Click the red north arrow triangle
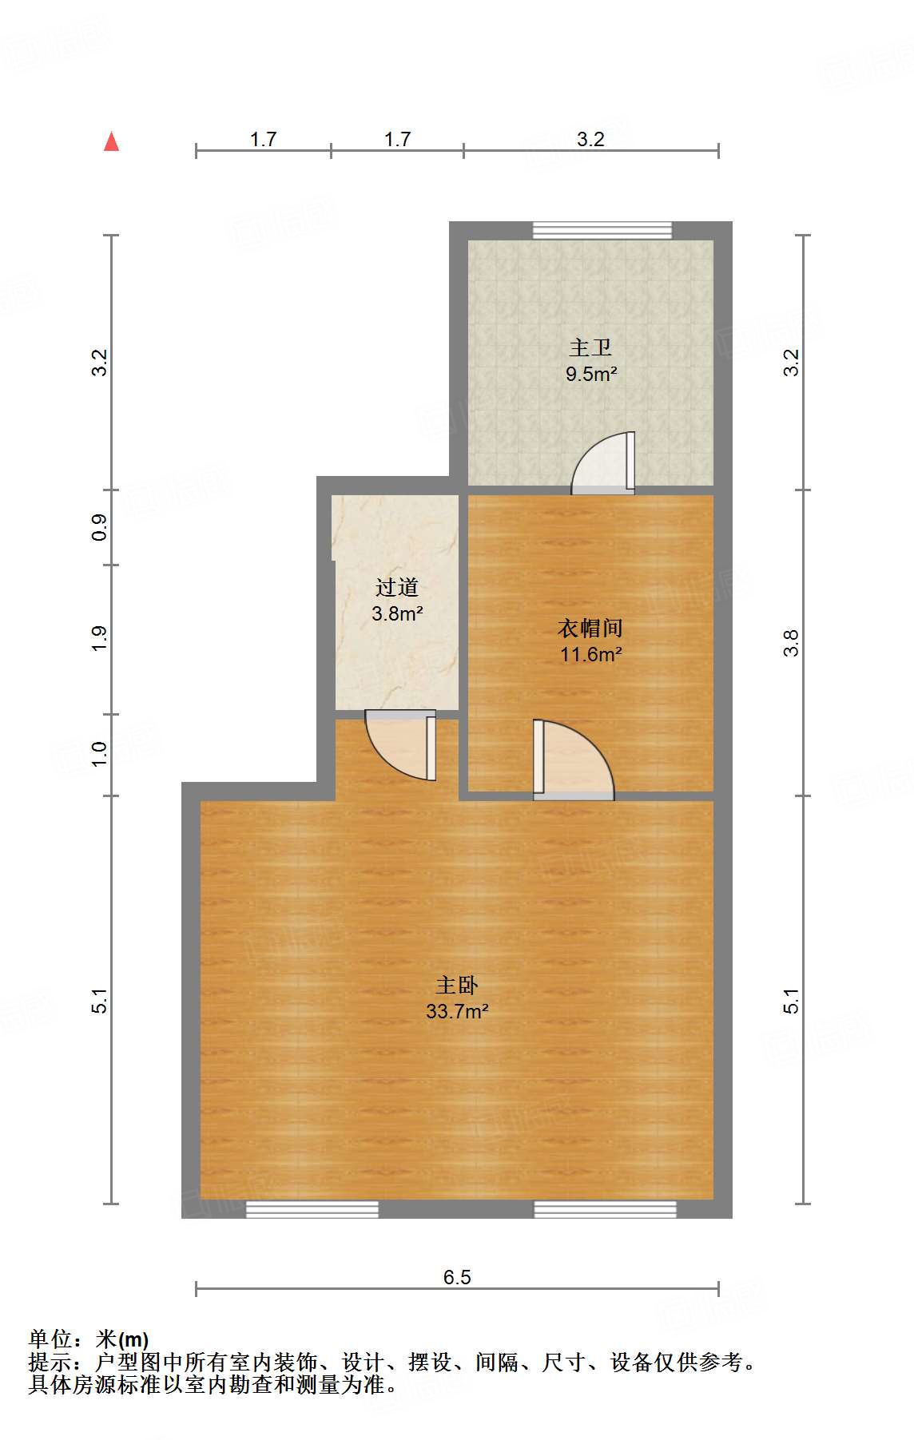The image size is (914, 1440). tap(112, 142)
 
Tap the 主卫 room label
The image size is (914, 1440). tap(590, 347)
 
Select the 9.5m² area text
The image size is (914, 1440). tap(591, 374)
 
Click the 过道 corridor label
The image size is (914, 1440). tap(397, 588)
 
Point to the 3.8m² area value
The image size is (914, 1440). tap(397, 614)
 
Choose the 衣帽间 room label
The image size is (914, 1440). tap(590, 629)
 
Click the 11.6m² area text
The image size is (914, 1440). tap(591, 655)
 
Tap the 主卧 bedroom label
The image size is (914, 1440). tap(457, 985)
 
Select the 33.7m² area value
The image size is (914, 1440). tap(457, 1011)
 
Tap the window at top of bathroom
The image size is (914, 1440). tap(602, 230)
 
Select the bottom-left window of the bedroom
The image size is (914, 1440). tap(312, 1209)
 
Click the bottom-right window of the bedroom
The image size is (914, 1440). tap(605, 1209)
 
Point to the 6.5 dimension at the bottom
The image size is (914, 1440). tap(457, 1277)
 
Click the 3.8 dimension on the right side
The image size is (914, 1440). tap(791, 643)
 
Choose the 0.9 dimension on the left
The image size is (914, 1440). tap(99, 527)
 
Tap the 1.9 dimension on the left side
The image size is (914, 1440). tap(99, 639)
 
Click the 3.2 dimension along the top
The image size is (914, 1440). tap(590, 139)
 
